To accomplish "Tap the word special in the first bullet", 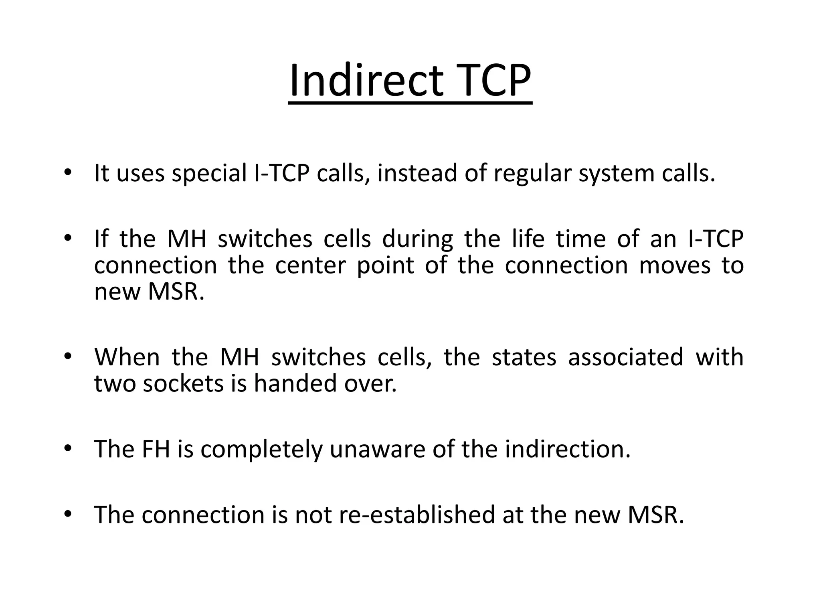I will (209, 174).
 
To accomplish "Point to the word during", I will (417, 239).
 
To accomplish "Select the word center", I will (310, 265).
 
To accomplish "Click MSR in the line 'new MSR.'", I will (176, 292).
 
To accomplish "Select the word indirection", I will (567, 449).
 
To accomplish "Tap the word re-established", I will (417, 515).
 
